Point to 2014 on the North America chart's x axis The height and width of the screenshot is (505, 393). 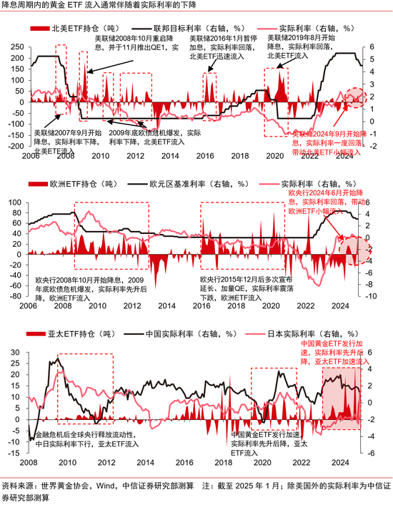coord(151,155)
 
